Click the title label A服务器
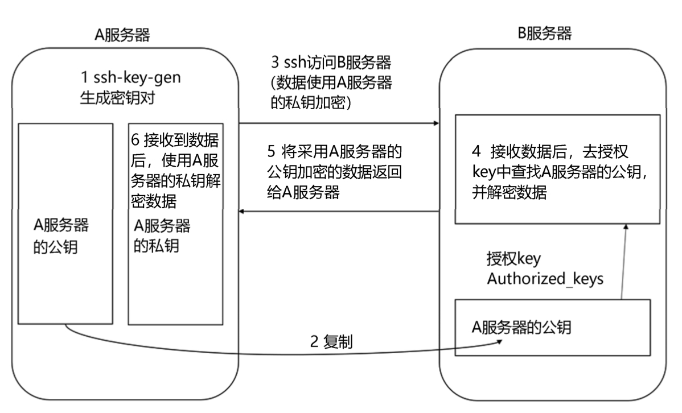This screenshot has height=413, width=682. [x=123, y=36]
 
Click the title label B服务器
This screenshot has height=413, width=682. [x=544, y=34]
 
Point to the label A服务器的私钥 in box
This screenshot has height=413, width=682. [x=162, y=235]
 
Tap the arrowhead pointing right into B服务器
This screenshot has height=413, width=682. [x=436, y=123]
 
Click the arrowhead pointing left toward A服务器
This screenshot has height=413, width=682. [x=243, y=212]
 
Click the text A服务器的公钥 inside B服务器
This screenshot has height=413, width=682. [x=522, y=327]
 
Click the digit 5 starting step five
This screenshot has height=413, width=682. [x=272, y=153]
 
